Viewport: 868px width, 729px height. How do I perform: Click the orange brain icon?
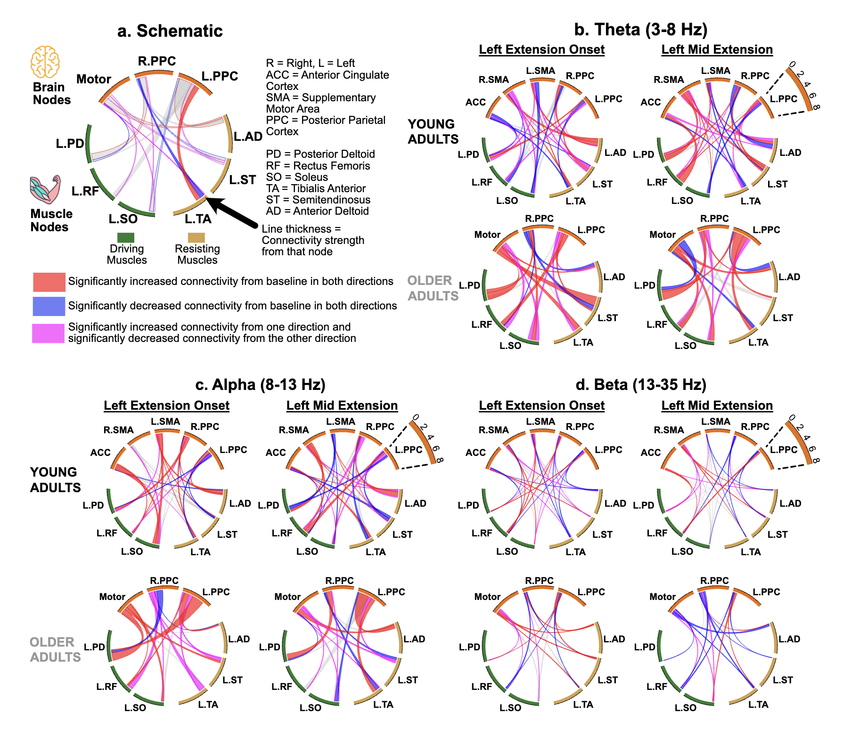[x=45, y=62]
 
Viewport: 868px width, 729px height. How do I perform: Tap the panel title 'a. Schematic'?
[x=170, y=31]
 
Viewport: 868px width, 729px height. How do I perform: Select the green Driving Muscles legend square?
[x=126, y=237]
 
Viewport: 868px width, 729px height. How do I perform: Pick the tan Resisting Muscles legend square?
[x=197, y=237]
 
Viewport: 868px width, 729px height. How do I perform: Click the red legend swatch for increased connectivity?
[x=49, y=282]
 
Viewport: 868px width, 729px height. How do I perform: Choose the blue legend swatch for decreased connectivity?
[x=49, y=306]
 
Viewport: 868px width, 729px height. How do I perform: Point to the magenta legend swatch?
[x=49, y=333]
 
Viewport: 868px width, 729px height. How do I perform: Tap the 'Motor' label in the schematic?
[x=94, y=79]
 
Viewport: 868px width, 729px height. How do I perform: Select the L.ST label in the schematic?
[x=243, y=180]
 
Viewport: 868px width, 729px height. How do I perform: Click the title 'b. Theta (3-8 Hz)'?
[x=640, y=30]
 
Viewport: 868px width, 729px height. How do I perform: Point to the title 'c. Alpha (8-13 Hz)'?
[x=260, y=385]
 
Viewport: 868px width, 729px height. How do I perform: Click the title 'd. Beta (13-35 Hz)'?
[x=641, y=385]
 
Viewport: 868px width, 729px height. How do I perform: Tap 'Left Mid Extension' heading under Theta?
[x=717, y=49]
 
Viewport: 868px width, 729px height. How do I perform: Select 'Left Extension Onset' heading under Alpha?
[x=166, y=405]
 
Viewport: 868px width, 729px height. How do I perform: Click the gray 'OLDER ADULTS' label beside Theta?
[x=433, y=288]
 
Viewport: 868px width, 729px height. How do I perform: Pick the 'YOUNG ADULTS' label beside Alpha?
[x=55, y=480]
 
